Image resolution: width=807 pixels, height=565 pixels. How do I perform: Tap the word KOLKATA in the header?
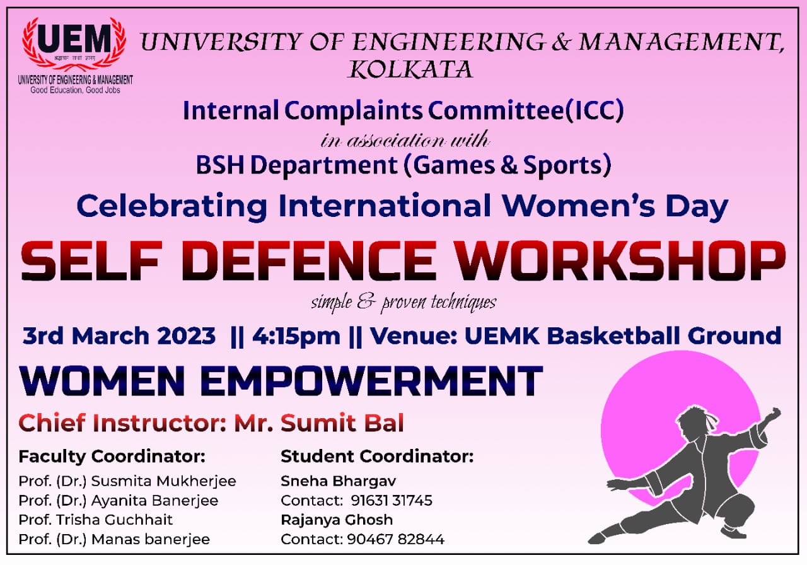coord(410,69)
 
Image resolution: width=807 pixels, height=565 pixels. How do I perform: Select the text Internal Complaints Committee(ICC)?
coord(403,111)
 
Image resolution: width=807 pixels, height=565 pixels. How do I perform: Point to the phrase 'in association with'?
coord(404,139)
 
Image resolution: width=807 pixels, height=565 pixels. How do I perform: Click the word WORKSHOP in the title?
coord(620,260)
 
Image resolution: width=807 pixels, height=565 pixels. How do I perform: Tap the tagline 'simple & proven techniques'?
coord(403,303)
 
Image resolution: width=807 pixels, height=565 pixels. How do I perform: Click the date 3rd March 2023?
coord(119,335)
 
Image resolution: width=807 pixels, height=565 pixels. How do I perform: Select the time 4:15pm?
coord(296,335)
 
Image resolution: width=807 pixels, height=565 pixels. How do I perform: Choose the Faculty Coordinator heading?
coord(112,456)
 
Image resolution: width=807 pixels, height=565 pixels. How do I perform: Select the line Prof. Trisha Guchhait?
coord(96,520)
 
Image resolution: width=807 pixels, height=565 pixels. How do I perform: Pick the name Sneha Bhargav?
coord(339,481)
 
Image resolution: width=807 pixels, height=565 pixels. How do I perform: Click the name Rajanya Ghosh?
coord(337,520)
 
